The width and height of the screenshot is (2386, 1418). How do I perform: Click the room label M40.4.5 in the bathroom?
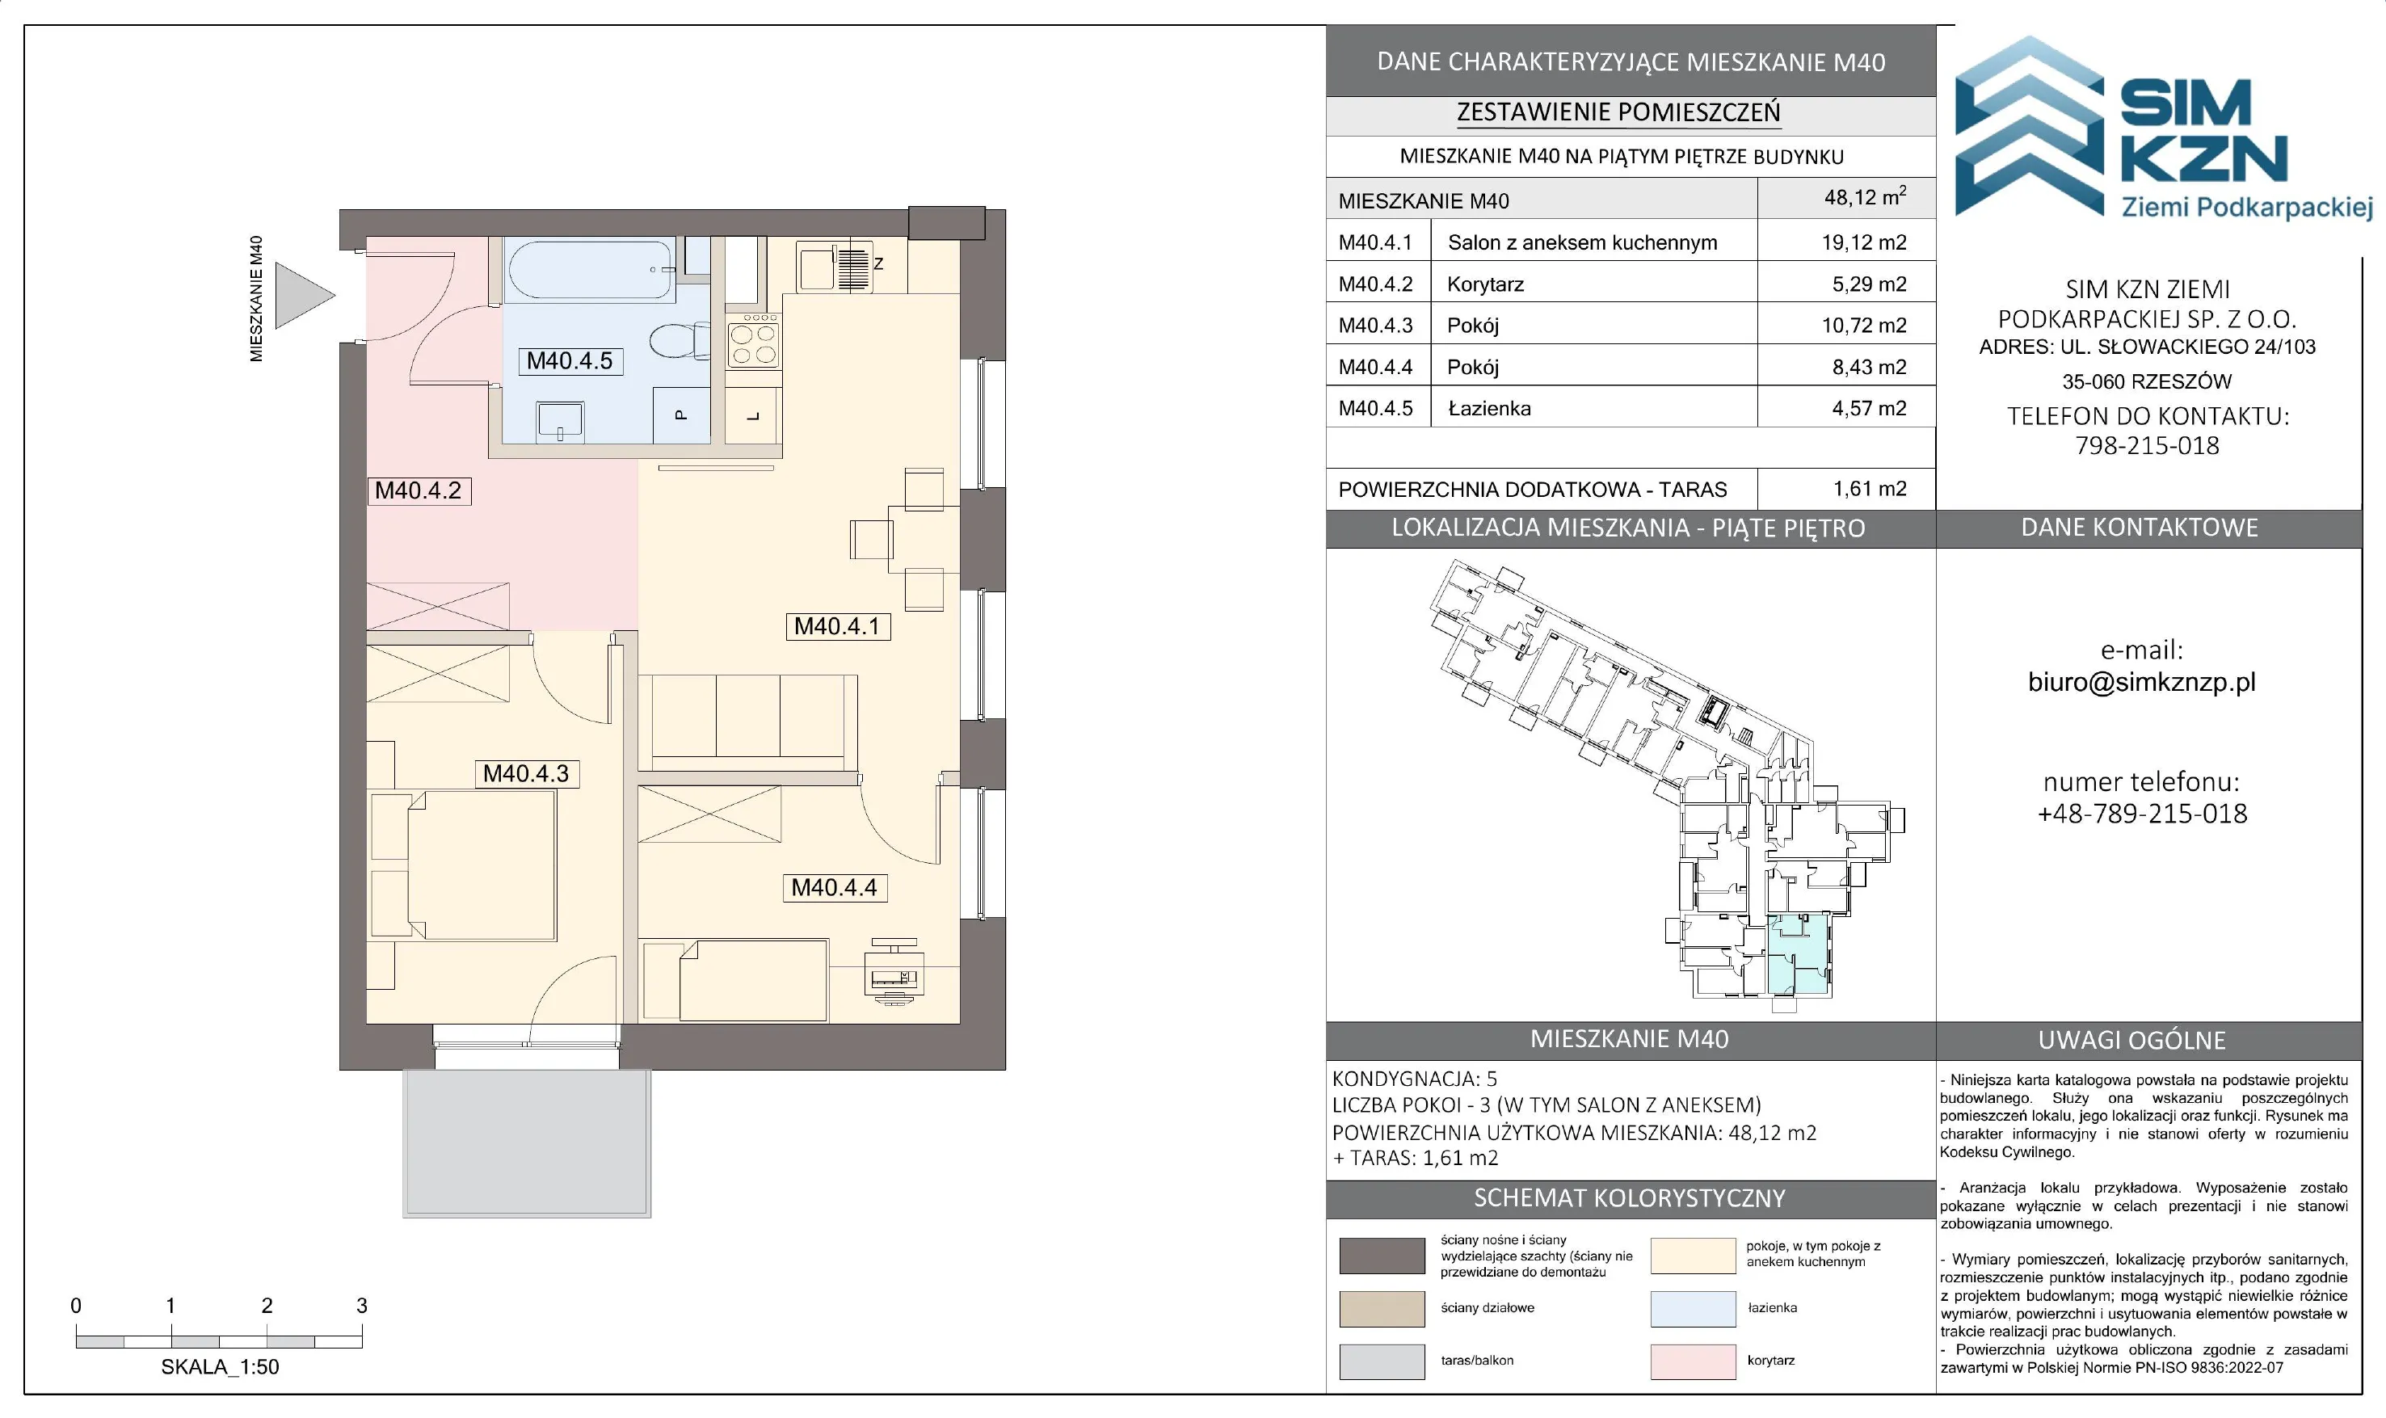coord(570,361)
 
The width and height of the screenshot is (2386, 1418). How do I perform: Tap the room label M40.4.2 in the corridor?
coord(419,491)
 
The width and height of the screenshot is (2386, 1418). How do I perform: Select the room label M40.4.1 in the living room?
coord(837,627)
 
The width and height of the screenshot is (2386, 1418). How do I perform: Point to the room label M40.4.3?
coord(527,774)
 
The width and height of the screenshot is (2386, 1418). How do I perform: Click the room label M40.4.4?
coord(834,888)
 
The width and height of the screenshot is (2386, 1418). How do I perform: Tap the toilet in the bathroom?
coord(680,340)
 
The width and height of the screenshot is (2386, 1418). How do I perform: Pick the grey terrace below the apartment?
coord(527,1142)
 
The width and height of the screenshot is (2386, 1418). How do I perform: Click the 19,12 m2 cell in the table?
coord(1863,242)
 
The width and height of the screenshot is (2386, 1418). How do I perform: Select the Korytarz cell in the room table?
coord(1485,284)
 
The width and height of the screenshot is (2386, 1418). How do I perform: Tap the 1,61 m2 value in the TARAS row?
coord(1869,489)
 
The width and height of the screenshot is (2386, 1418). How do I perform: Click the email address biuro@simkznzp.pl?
coord(2141,682)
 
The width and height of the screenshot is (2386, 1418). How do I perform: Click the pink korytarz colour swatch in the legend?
coord(1692,1361)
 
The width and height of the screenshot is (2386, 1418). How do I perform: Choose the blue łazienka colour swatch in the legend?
coord(1692,1309)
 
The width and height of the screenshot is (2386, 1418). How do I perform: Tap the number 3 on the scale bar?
coord(361,1305)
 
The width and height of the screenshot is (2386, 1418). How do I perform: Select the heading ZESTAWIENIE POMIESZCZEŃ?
coord(1618,113)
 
